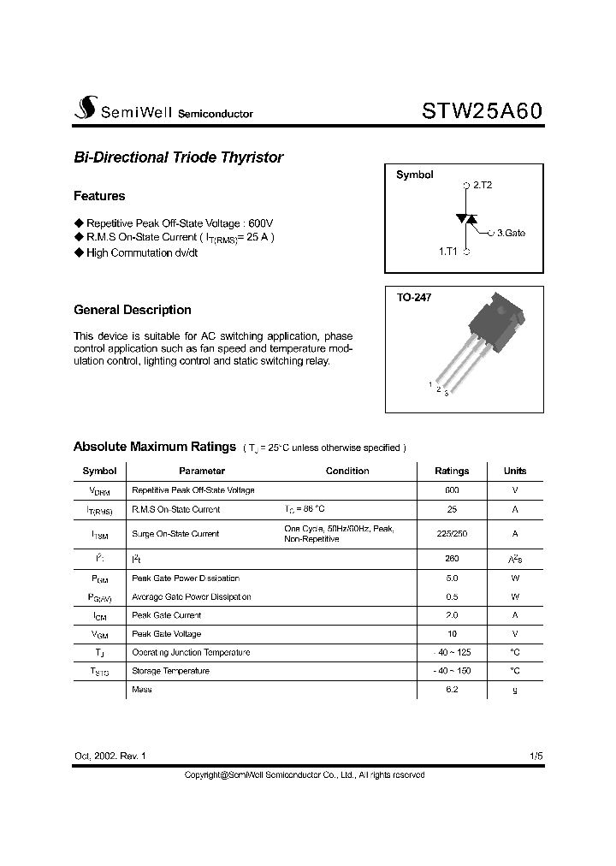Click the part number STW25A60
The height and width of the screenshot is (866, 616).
(x=482, y=111)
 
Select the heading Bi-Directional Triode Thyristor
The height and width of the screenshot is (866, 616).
(x=178, y=157)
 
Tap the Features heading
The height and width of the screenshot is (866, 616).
(x=99, y=196)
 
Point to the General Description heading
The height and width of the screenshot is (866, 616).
(x=133, y=310)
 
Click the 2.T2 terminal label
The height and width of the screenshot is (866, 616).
(x=482, y=185)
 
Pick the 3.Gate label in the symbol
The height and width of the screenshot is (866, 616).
(x=511, y=233)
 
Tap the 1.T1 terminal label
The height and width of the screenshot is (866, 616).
(x=448, y=252)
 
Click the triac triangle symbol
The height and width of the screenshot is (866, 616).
(x=466, y=219)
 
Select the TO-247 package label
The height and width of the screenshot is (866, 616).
(x=414, y=298)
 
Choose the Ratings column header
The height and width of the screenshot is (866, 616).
(x=452, y=471)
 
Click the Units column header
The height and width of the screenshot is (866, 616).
(x=515, y=471)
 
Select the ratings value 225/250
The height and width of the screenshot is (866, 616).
(x=452, y=533)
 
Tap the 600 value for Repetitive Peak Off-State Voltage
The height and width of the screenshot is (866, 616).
(x=452, y=490)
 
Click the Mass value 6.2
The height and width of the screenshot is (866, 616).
(x=452, y=689)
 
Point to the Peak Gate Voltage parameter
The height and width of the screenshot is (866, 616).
(x=167, y=634)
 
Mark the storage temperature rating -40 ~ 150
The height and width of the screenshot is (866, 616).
(x=452, y=671)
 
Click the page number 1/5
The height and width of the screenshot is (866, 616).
(x=536, y=756)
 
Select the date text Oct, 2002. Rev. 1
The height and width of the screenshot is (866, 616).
(x=110, y=756)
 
